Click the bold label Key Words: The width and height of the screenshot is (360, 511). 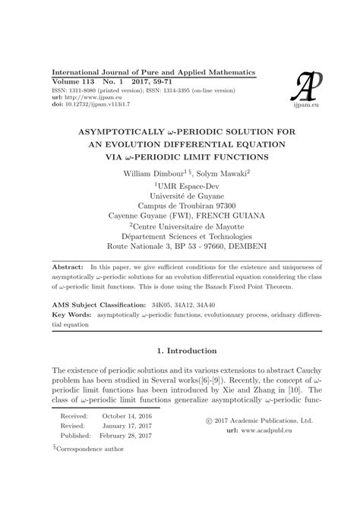pos(71,314)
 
